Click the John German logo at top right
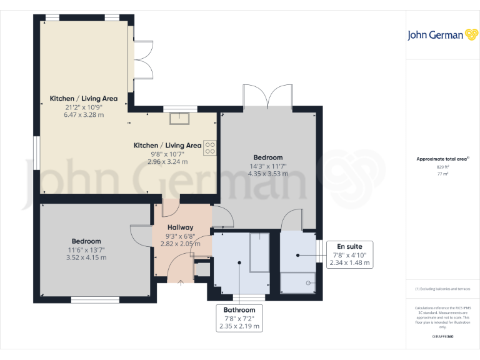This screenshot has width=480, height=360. coord(442,35)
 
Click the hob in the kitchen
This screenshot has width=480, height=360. coord(209,147)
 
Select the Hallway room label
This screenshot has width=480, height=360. coord(180,227)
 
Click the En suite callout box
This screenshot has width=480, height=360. coord(350,254)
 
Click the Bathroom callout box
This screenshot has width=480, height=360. coord(239,318)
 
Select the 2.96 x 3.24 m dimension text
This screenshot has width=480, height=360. coord(167,161)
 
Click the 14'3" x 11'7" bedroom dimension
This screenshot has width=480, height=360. coord(267,166)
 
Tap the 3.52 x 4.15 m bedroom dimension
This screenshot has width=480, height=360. coord(86,257)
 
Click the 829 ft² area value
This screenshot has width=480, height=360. coord(442,167)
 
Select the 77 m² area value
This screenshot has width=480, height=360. coord(442,174)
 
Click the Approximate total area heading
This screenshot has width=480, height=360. coord(442,159)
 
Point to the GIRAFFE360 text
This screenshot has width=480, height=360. coord(442,337)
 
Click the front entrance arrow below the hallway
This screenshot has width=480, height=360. coord(181,282)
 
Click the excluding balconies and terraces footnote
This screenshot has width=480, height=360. coord(442,289)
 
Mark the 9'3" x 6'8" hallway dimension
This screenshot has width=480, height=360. coord(180,236)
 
